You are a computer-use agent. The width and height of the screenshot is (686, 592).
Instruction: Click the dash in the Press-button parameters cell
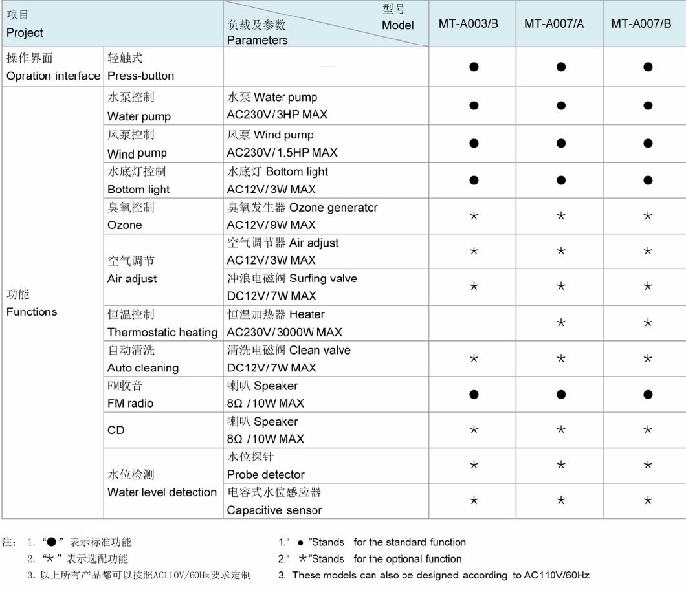tap(327, 67)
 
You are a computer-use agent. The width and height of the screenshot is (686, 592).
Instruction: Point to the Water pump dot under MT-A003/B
tap(474, 105)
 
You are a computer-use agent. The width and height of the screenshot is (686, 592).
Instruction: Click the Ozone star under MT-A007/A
tap(561, 215)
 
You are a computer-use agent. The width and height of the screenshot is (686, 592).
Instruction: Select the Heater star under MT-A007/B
tap(648, 322)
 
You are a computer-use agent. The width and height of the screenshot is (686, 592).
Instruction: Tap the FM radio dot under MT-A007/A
tap(561, 394)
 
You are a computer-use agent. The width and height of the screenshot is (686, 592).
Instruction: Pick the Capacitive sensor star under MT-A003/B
tap(474, 500)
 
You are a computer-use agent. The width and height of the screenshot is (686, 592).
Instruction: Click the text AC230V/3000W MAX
tap(284, 333)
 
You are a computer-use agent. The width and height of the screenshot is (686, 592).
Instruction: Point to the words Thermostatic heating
tap(162, 333)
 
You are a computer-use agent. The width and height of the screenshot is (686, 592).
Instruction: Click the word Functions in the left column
tap(32, 312)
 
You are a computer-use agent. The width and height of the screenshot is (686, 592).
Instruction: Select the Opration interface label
tap(53, 76)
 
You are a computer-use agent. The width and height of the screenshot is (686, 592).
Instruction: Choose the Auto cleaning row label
tap(143, 368)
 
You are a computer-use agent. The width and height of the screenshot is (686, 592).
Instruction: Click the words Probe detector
tap(265, 475)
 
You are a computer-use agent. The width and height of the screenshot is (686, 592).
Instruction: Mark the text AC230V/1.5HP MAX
tap(282, 153)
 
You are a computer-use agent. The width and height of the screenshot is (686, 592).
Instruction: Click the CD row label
tap(116, 430)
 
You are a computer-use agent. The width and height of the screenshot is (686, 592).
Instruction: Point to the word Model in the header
tap(397, 25)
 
